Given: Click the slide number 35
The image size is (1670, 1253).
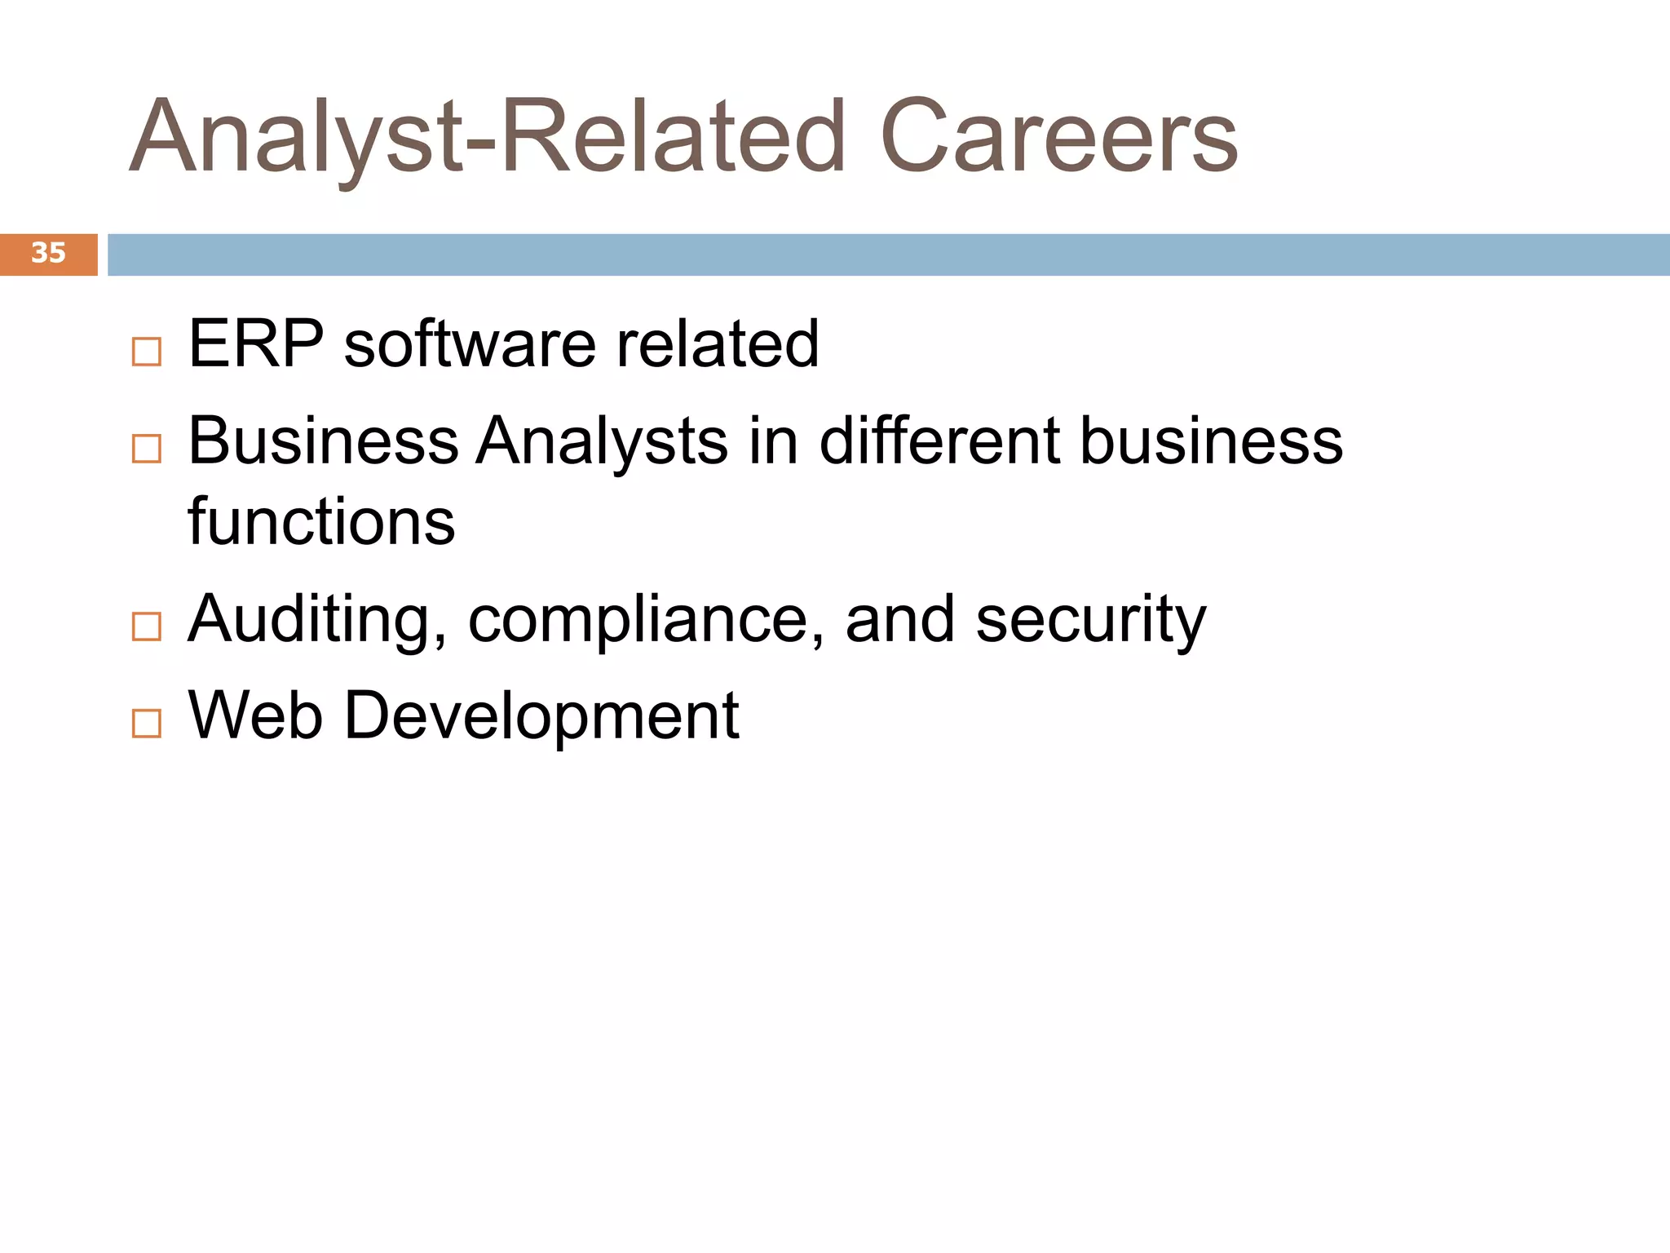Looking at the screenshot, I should click(x=48, y=253).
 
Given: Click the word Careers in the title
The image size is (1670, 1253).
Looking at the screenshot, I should click(x=1058, y=137).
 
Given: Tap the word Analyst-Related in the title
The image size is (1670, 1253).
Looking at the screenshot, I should click(x=488, y=137).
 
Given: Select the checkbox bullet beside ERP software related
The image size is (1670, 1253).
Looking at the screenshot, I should click(x=147, y=352).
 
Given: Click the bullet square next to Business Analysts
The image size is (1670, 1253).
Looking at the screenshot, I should click(x=147, y=449).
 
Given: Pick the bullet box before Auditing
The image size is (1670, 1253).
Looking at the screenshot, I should click(x=147, y=626).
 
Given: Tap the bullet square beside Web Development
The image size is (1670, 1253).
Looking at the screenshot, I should click(x=147, y=723).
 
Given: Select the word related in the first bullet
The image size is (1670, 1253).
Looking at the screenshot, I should click(x=717, y=344).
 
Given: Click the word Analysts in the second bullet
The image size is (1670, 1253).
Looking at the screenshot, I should click(x=602, y=441).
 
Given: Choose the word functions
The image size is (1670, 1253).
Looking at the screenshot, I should click(x=321, y=522).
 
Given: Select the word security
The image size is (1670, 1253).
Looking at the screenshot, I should click(x=1090, y=620).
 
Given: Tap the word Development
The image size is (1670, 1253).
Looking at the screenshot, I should click(x=541, y=715).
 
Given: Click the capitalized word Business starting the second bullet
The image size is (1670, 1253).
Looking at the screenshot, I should click(x=323, y=441).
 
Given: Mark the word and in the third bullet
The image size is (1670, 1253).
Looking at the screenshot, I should click(x=899, y=620).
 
